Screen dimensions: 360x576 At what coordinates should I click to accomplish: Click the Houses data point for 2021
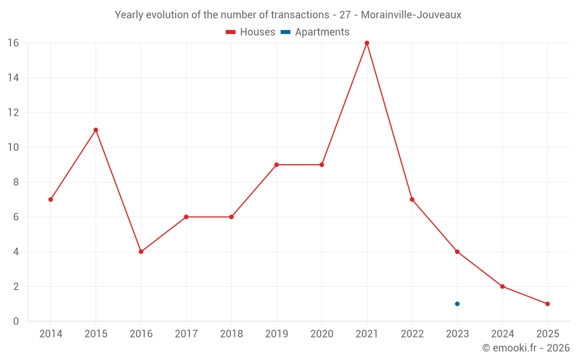(367, 43)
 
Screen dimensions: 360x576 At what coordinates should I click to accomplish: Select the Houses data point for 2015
(96, 130)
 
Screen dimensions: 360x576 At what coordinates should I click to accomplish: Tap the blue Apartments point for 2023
(457, 304)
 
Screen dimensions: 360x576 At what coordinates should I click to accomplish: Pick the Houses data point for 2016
(141, 252)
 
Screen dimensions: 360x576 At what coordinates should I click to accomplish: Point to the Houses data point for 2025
(548, 304)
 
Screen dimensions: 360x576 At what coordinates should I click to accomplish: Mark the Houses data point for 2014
(51, 200)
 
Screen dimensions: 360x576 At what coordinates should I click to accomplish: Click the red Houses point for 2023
(457, 252)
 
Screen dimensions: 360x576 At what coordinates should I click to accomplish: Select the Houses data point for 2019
(276, 165)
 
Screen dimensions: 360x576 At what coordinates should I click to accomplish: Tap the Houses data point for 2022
(412, 200)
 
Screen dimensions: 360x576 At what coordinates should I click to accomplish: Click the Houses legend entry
(251, 32)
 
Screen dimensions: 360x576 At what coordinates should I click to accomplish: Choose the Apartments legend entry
(315, 32)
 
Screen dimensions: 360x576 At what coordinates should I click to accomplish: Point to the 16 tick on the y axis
(13, 43)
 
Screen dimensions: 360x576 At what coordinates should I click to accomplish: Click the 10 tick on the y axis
(13, 147)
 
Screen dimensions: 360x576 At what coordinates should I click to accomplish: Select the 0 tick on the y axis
(16, 321)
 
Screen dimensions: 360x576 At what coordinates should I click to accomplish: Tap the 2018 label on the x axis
(232, 334)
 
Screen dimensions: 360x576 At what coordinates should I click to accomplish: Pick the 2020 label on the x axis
(321, 334)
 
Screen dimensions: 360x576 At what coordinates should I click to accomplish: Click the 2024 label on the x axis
(502, 334)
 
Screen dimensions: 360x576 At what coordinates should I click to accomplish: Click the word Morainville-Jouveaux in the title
(411, 15)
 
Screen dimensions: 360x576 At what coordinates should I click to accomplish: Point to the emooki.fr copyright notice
(526, 348)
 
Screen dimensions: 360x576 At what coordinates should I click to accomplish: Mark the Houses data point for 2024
(502, 287)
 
